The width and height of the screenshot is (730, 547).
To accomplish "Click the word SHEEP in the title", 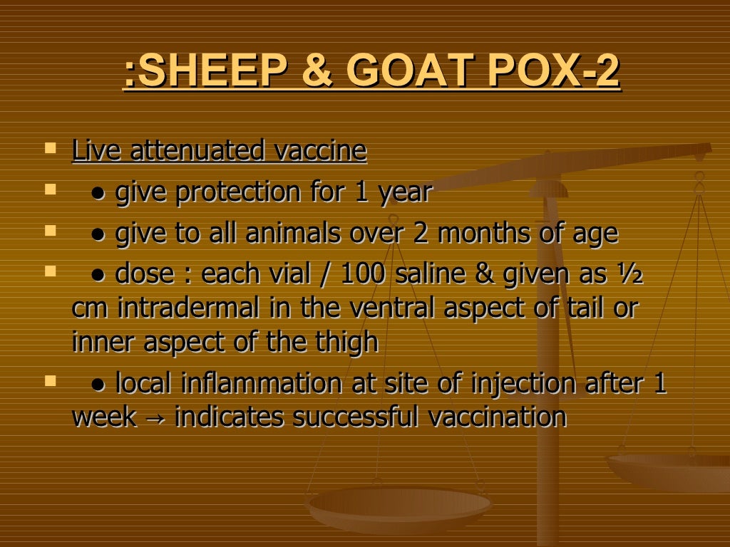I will (x=207, y=73).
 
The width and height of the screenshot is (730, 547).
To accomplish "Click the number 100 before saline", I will (x=363, y=274).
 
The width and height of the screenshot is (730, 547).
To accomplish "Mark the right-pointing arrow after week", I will (x=155, y=419).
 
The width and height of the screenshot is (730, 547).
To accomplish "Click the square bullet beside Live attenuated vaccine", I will (x=50, y=149).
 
